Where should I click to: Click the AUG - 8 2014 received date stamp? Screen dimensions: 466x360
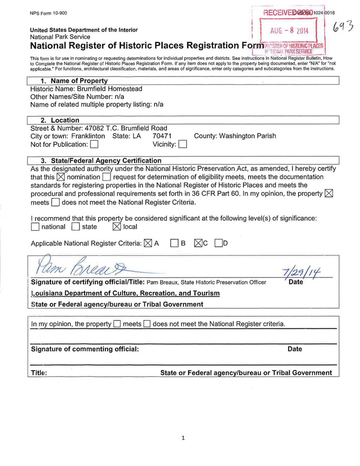[x=289, y=32]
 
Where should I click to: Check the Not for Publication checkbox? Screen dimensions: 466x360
[x=95, y=144]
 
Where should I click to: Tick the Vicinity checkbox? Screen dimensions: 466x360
[x=183, y=144]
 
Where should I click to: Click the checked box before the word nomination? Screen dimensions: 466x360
[x=61, y=177]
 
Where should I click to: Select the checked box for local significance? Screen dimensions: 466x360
[x=117, y=227]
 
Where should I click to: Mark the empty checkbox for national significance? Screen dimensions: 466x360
[x=35, y=227]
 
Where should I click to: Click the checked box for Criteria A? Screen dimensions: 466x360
[x=148, y=243]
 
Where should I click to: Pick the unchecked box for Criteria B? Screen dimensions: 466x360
[x=174, y=243]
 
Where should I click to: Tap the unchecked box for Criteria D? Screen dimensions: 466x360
[x=218, y=243]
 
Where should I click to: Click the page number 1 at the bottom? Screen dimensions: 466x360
[x=183, y=438]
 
